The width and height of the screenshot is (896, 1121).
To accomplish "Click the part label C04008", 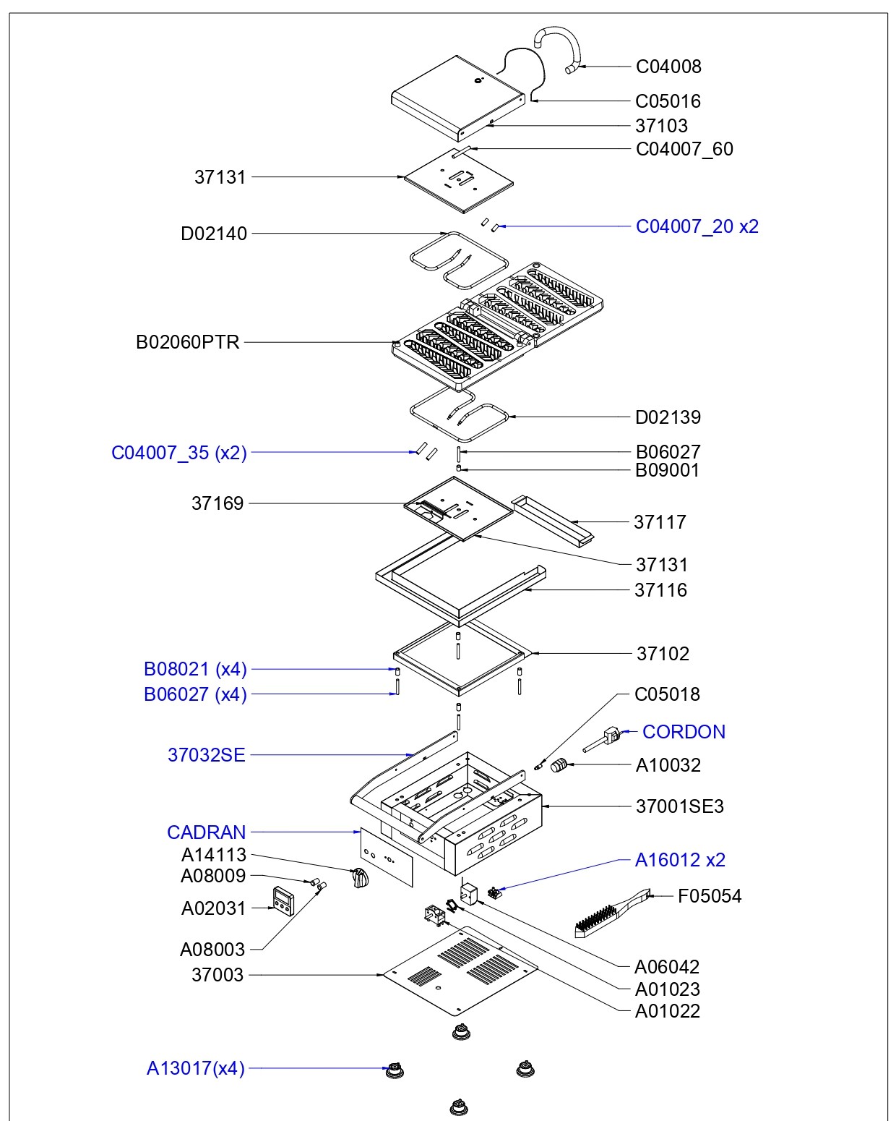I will click(668, 67).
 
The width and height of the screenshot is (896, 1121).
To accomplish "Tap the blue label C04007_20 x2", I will click(697, 226).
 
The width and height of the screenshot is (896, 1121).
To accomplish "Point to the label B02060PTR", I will click(188, 342).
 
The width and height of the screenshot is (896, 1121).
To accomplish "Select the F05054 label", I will click(709, 896).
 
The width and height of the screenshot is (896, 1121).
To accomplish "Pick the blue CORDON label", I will click(684, 732).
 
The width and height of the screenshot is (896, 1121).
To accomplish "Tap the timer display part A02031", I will click(282, 901).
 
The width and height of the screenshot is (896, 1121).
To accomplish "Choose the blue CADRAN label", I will click(207, 832).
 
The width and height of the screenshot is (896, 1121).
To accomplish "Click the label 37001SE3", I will click(679, 806).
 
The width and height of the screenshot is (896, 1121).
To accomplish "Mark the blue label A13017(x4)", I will click(196, 1068).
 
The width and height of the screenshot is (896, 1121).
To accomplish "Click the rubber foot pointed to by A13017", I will click(395, 1070).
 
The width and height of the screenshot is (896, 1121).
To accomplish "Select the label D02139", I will click(668, 417).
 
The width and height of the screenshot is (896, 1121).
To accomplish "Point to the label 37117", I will click(660, 522).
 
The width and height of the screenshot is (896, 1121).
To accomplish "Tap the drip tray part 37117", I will click(552, 519).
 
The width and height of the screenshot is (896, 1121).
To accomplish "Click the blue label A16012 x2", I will click(680, 860).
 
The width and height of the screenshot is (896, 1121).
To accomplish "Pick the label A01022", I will click(667, 1011).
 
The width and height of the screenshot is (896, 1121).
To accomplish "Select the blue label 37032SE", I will click(207, 755).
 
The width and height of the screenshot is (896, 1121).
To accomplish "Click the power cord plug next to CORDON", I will click(604, 741).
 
